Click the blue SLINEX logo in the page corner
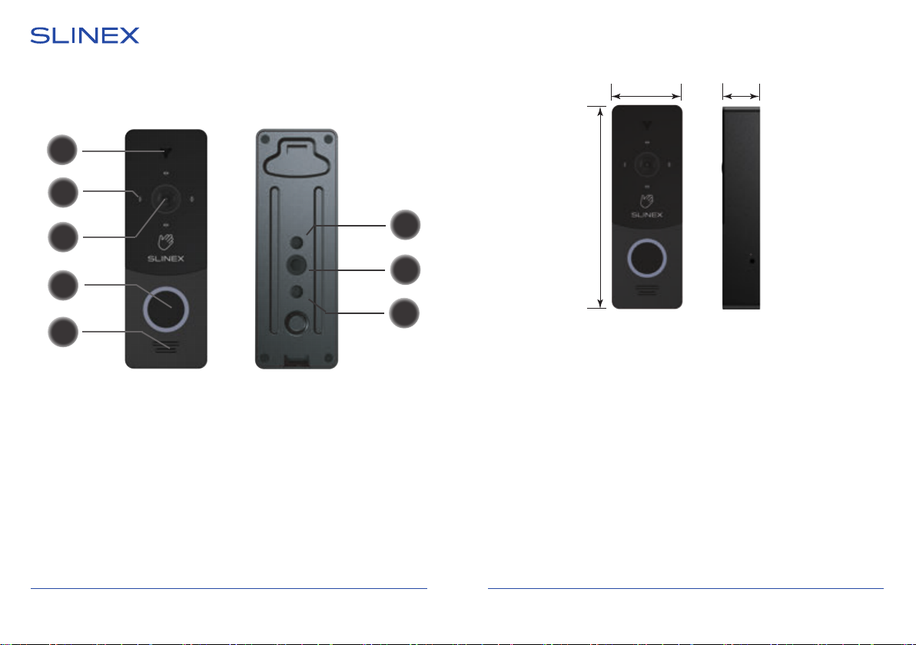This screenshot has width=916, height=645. coord(85,35)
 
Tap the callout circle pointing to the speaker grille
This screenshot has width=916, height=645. coord(63,332)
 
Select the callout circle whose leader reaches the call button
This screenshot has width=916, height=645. coord(63,285)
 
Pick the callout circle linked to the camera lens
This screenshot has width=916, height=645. coord(63,237)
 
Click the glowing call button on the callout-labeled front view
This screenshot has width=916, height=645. coord(166,308)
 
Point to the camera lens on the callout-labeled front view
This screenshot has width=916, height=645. coord(166,199)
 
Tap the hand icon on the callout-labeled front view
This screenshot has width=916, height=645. coord(166,242)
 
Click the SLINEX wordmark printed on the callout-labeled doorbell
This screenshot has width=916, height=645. coord(166,259)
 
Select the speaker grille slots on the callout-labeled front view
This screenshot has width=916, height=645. coord(166,347)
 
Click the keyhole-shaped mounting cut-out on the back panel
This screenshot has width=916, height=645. coord(297,157)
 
